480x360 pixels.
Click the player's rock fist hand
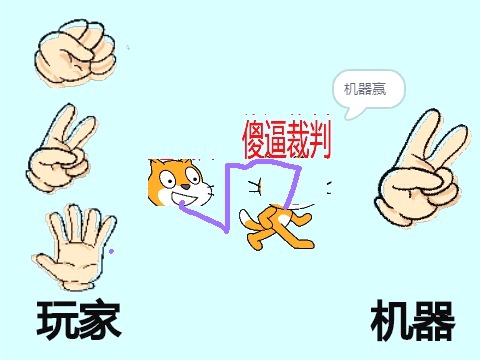75,54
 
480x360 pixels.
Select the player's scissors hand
61,149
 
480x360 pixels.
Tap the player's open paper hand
74,247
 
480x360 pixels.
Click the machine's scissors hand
423,168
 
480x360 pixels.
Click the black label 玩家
79,319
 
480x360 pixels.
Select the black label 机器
413,320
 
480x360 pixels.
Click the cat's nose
186,186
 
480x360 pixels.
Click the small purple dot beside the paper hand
111,251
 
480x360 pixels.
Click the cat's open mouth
184,199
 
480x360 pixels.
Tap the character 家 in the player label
100,319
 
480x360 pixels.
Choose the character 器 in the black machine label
435,321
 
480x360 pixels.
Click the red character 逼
276,139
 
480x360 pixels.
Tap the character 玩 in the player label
57,320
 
